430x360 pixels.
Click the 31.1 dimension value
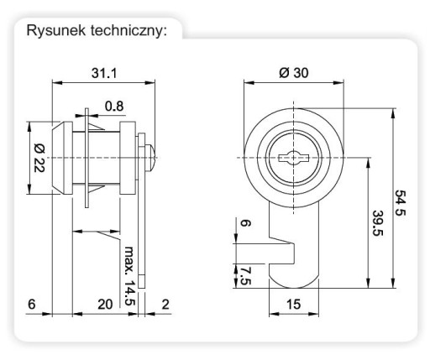[x=104, y=73]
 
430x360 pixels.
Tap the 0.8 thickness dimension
[x=114, y=107]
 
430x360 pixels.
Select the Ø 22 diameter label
[x=39, y=158]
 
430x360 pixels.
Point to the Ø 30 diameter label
[x=294, y=73]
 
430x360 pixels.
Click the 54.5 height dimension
[x=400, y=203]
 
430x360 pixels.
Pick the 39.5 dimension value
[x=378, y=223]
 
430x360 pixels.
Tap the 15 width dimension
[x=293, y=304]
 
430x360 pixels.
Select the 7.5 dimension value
[x=245, y=276]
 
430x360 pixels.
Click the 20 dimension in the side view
[x=105, y=304]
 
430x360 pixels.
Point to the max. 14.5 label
[x=129, y=276]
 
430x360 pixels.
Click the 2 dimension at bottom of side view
[x=165, y=304]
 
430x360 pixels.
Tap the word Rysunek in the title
[x=56, y=30]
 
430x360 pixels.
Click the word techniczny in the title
[x=128, y=31]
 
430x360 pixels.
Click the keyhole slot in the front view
[x=293, y=158]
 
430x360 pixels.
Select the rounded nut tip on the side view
[x=150, y=158]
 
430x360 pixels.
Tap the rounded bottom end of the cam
[x=294, y=283]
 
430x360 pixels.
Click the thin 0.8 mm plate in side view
[x=87, y=158]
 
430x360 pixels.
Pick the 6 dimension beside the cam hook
[x=245, y=223]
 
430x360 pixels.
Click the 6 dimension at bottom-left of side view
[x=32, y=304]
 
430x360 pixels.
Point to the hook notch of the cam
[x=281, y=252]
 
